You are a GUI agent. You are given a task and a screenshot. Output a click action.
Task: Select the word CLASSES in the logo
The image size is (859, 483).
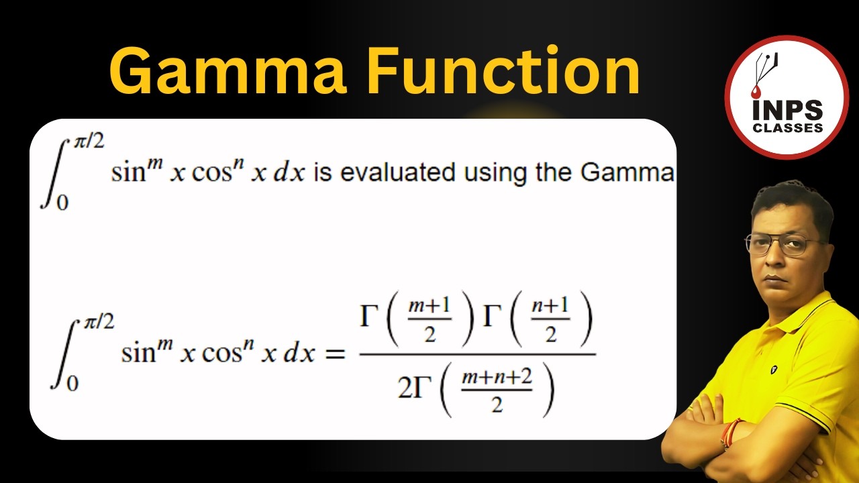(x=788, y=127)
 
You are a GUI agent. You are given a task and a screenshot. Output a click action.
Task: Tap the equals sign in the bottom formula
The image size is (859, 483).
(x=334, y=354)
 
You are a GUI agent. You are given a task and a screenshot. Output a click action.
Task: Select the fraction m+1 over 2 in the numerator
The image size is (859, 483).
(x=429, y=319)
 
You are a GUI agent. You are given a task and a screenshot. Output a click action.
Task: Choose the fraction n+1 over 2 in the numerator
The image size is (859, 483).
(x=550, y=319)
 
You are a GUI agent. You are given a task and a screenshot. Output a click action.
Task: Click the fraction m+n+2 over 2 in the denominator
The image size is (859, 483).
(x=497, y=390)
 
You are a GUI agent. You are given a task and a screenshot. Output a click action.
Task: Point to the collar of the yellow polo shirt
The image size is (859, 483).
(x=815, y=305)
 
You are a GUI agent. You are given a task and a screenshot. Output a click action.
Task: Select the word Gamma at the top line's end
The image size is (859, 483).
(x=627, y=172)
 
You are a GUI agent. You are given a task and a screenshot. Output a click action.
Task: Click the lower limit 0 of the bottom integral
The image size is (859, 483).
(x=72, y=383)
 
